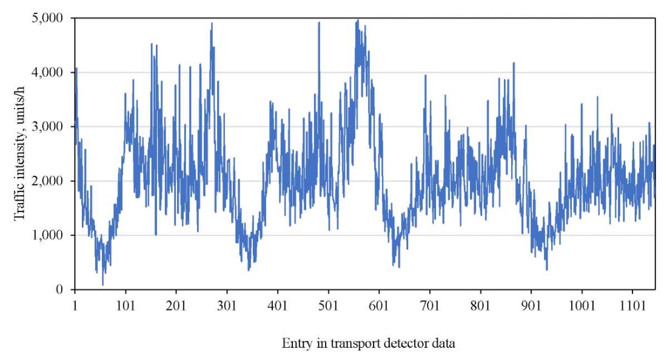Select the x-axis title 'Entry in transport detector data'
click(369, 344)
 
